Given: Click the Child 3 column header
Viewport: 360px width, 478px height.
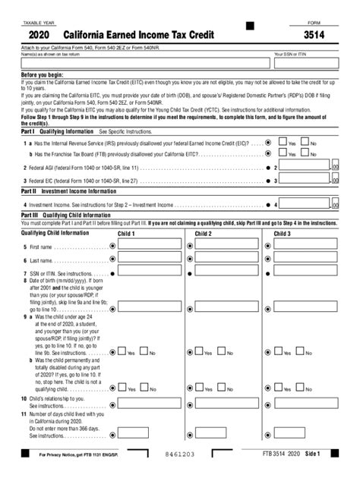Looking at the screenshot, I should pos(283,234).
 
